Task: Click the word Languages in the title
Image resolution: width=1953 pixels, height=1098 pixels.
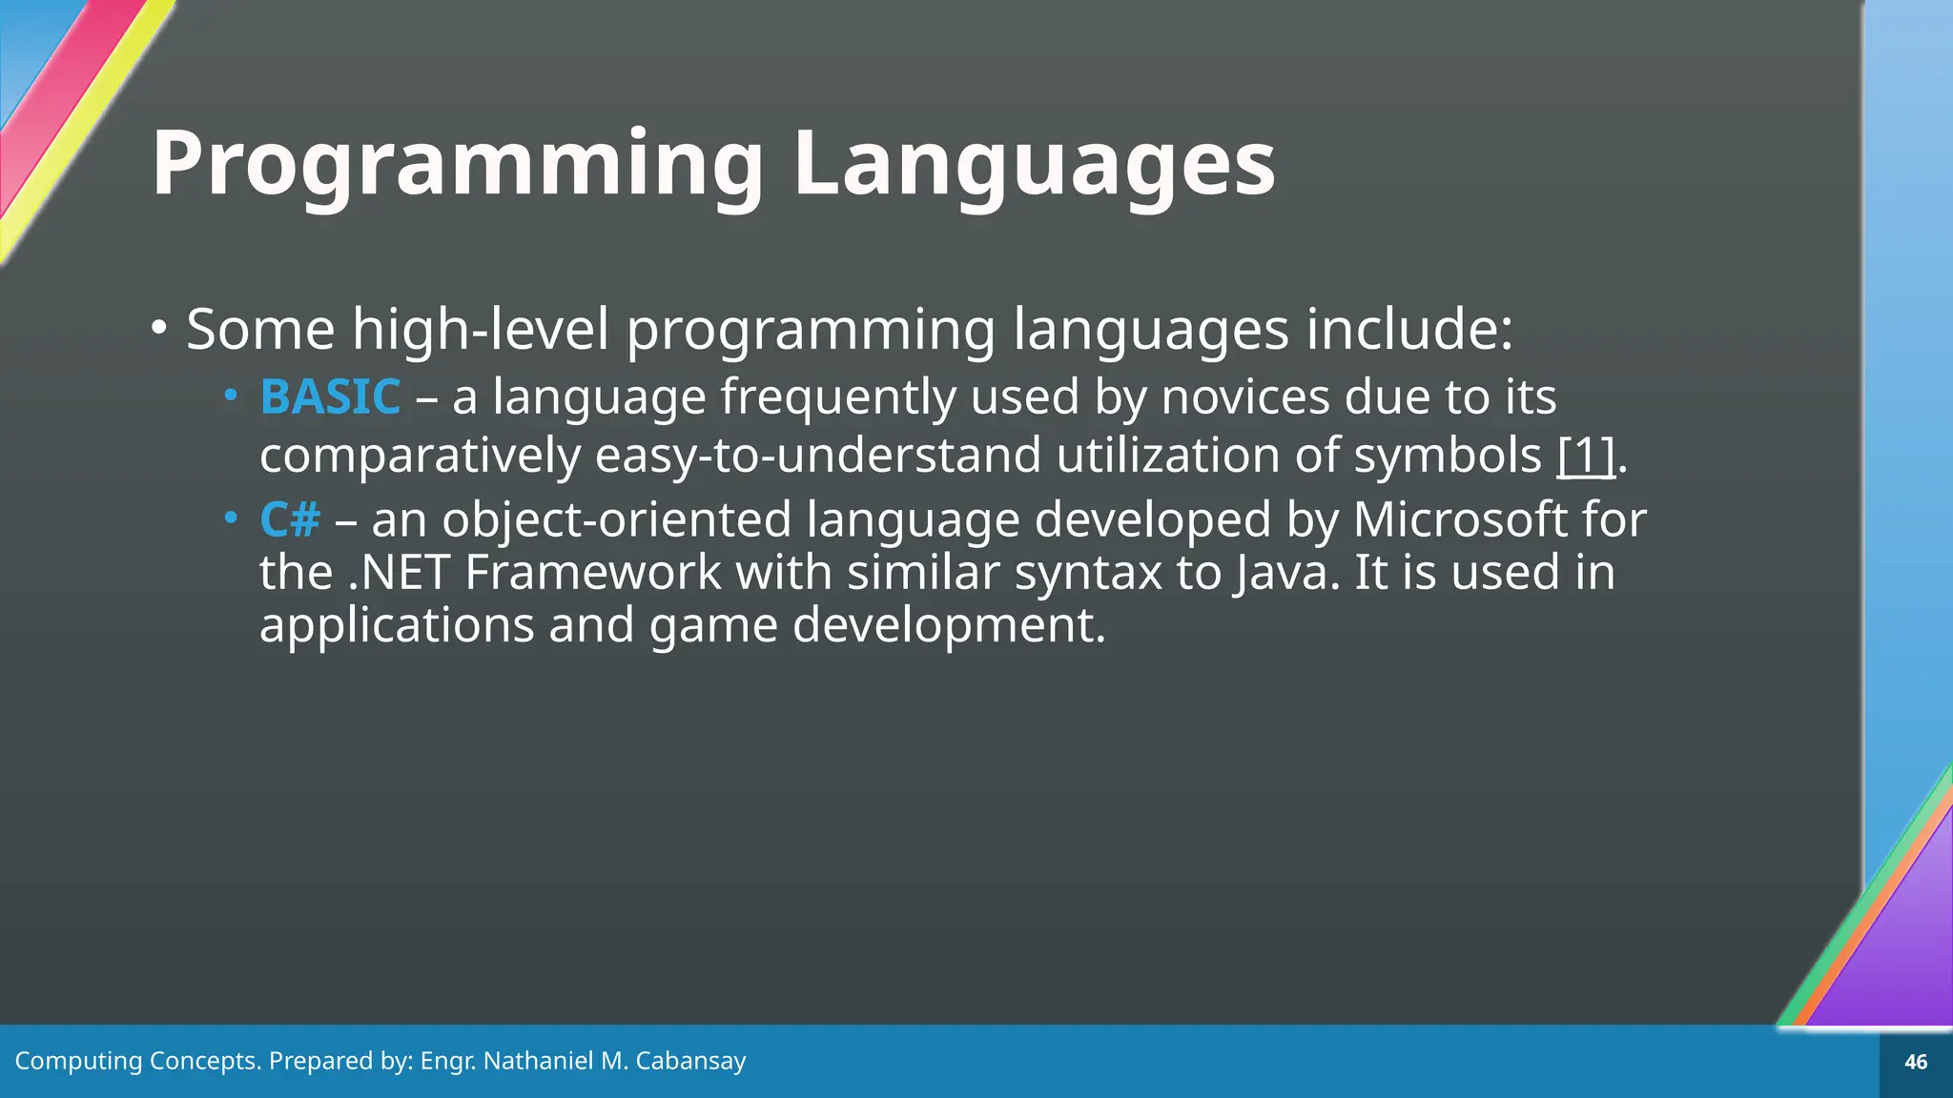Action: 1034,164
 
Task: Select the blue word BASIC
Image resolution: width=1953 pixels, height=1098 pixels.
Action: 330,396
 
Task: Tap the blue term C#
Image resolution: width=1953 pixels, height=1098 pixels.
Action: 290,520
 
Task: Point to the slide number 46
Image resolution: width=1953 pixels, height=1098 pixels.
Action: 1916,1062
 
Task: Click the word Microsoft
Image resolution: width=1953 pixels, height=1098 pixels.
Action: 1459,520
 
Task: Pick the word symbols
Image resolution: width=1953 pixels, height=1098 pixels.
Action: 1448,456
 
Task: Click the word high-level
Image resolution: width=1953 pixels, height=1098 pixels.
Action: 481,330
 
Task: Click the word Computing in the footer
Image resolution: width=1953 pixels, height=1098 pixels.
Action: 78,1061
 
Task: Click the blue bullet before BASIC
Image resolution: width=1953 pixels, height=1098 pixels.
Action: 230,395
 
